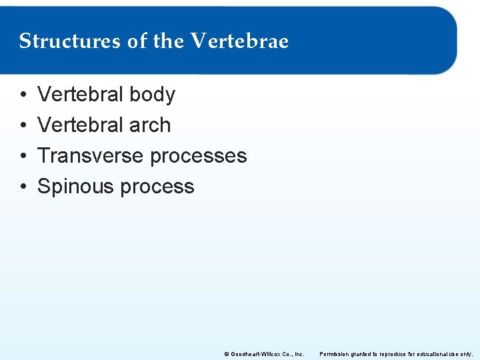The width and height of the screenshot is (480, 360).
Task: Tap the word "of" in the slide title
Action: [x=137, y=41]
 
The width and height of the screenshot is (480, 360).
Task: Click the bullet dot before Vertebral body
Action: [x=23, y=95]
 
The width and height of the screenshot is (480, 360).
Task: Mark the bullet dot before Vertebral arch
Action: [x=23, y=126]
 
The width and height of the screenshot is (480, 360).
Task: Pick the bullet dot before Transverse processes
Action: [x=23, y=157]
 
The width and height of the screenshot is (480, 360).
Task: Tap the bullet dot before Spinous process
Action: [x=23, y=187]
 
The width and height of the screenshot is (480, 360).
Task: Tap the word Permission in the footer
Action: [x=335, y=353]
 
